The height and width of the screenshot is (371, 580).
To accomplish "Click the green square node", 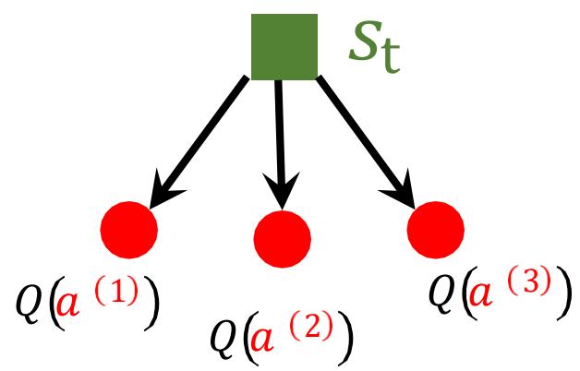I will click(x=284, y=44).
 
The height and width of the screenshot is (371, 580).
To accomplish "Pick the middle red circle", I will click(x=282, y=238).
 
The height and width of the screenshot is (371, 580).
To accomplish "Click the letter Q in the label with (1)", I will click(x=29, y=301).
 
